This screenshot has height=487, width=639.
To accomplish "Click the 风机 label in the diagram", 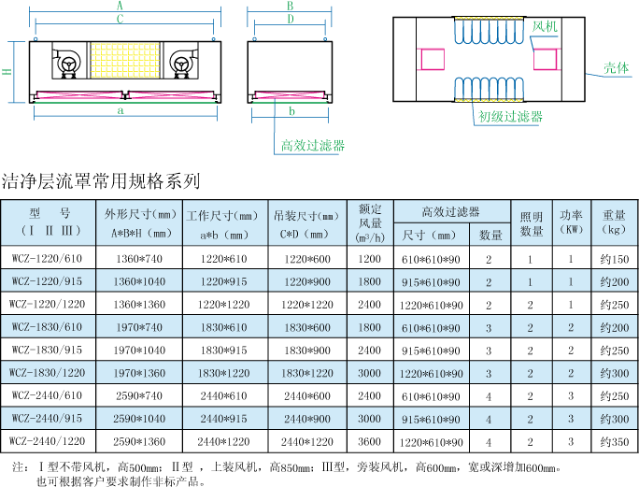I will [545, 27].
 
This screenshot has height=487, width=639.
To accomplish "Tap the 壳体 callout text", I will [616, 68].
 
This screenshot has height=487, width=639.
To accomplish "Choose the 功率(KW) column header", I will [571, 222].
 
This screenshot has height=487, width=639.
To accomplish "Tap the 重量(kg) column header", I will [614, 222].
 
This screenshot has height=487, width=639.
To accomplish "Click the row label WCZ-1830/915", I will [47, 351].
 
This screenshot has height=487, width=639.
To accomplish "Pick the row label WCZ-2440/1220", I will [47, 441].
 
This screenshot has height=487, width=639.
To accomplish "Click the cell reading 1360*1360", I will [139, 305].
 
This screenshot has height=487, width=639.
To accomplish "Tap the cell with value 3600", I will [370, 441].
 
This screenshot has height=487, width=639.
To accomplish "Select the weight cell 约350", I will [614, 441].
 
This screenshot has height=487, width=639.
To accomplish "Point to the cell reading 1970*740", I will [139, 327].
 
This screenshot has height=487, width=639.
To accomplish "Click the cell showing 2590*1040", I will [139, 419].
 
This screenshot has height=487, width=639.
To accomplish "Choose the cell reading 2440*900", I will [307, 419].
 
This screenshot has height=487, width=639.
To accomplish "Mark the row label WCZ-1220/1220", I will [47, 305].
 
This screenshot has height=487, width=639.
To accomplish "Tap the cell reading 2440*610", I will [224, 396].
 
